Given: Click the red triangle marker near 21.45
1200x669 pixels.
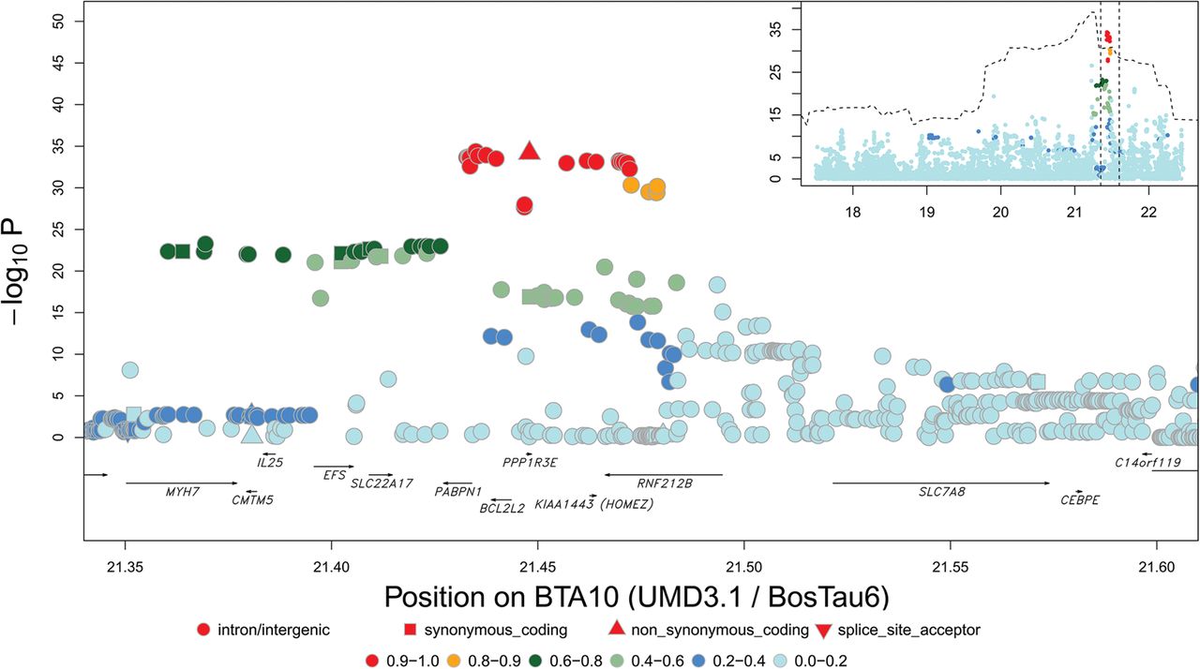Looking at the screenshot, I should click(x=530, y=152).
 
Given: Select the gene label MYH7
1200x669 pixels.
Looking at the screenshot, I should click(x=183, y=491).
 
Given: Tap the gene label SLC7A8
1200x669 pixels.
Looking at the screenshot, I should click(x=941, y=491).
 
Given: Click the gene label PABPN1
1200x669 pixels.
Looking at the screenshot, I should click(x=457, y=491).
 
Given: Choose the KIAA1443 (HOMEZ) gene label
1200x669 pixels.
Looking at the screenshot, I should click(x=593, y=504).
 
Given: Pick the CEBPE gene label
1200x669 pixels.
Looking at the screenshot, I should click(x=1079, y=499).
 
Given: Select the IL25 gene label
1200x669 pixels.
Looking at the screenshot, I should click(x=270, y=463).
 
